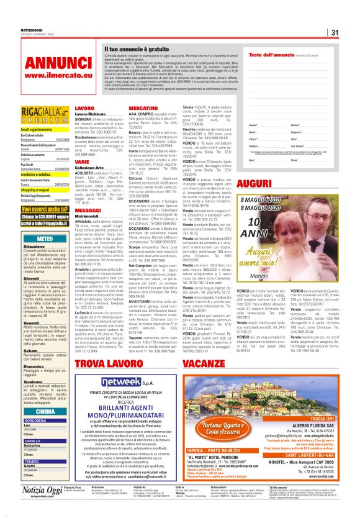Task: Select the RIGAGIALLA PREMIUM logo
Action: [x=45, y=116]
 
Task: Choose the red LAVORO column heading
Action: [x=84, y=108]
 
